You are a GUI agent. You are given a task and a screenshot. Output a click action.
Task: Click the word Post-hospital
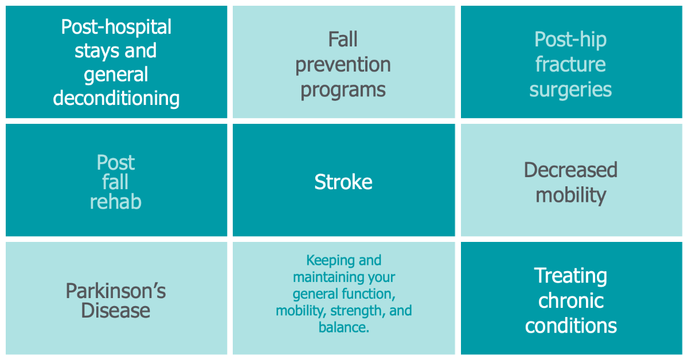pos(116,27)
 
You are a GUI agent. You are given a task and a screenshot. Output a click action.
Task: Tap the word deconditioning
pos(116,98)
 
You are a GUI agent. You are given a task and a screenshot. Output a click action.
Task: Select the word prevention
pos(343,65)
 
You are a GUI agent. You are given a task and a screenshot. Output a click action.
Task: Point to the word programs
pos(343,90)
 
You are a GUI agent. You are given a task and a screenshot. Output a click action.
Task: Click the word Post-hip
pos(570,40)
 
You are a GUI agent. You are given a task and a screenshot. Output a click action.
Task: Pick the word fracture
pos(570,64)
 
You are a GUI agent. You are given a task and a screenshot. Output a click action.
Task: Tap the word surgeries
pos(570,89)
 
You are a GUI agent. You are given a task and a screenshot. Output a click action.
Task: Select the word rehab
pos(116,202)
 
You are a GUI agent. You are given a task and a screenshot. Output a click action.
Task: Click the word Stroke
pos(343,182)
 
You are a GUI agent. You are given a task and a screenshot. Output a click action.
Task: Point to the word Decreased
pos(570,170)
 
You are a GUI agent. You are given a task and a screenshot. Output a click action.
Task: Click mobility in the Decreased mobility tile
pos(570,195)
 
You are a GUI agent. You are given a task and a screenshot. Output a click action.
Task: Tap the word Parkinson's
pos(116,291)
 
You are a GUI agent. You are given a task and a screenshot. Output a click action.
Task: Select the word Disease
pos(116,311)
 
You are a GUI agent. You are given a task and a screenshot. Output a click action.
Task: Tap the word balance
pos(342,328)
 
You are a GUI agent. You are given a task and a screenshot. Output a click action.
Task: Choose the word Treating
pos(570,276)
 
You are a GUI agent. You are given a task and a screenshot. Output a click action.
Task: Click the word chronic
pos(570,301)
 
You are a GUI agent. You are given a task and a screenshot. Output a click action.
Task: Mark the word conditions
pos(570,326)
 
